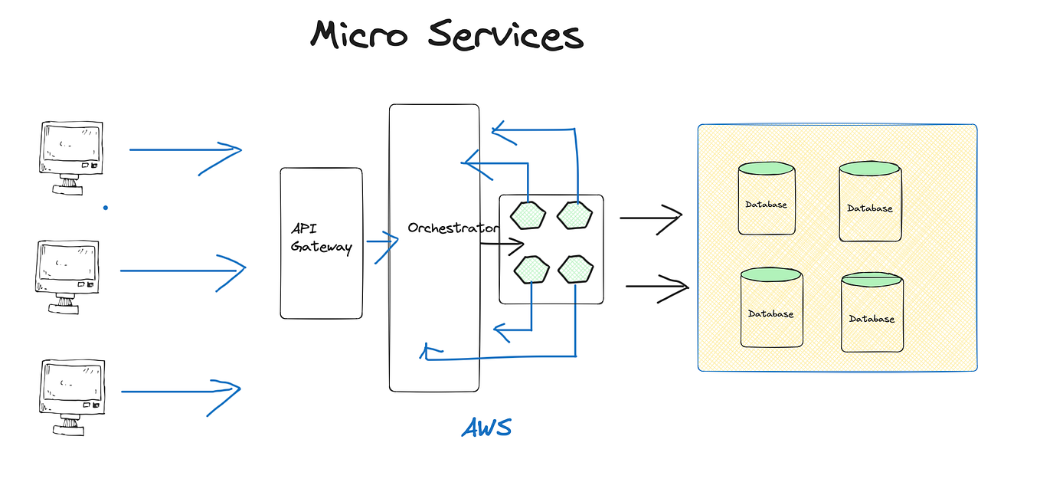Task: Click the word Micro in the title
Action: click(x=358, y=34)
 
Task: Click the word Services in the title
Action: click(x=505, y=34)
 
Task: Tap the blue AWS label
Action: click(x=486, y=428)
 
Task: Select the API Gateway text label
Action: click(x=322, y=238)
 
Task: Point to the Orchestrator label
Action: click(x=453, y=228)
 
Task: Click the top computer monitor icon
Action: click(x=71, y=158)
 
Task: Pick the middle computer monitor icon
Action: click(x=67, y=277)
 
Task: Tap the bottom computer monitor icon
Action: click(x=72, y=397)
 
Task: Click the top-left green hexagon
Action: click(x=528, y=215)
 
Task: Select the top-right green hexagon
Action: click(x=575, y=215)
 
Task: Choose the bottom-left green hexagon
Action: click(x=531, y=270)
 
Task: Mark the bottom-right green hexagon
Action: click(x=576, y=269)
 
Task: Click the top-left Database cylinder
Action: click(x=767, y=198)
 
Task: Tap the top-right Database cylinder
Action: click(x=870, y=201)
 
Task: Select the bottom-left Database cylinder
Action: click(x=772, y=307)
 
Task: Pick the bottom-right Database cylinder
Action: click(x=872, y=312)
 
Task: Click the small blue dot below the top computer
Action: click(x=106, y=208)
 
